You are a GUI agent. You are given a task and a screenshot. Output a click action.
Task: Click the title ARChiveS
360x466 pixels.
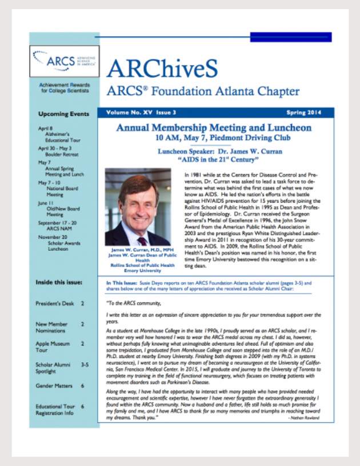tap(162, 69)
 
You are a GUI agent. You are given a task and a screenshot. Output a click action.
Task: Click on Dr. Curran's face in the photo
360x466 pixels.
tap(139, 201)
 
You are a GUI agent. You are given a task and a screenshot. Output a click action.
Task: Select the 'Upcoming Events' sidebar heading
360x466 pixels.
tap(63, 114)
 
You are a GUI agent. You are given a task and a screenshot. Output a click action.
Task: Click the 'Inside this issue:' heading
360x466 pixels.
tap(59, 282)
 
